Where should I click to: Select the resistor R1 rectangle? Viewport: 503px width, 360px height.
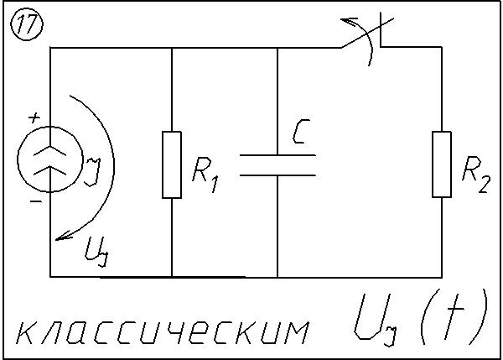pyautogui.click(x=171, y=164)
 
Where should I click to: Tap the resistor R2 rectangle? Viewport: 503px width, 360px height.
pyautogui.click(x=442, y=164)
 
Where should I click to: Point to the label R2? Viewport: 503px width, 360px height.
pyautogui.click(x=475, y=175)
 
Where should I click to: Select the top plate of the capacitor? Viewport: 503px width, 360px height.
pyautogui.click(x=277, y=155)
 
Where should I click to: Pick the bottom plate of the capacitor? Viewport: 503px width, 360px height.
pyautogui.click(x=277, y=175)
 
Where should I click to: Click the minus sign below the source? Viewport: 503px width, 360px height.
pyautogui.click(x=34, y=202)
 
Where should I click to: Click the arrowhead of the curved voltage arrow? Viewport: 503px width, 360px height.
pyautogui.click(x=60, y=237)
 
